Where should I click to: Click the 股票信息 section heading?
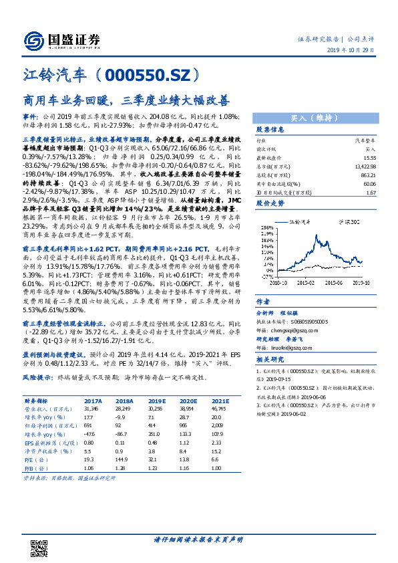(x=270, y=130)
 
